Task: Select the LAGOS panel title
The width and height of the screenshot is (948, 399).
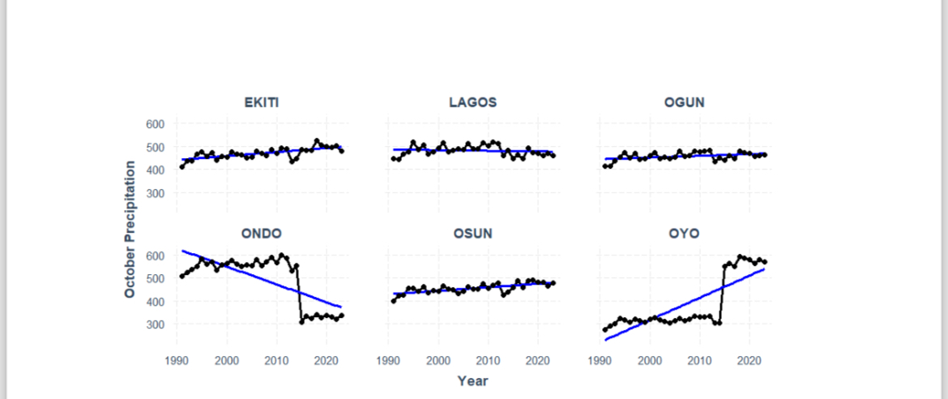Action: pos(472,102)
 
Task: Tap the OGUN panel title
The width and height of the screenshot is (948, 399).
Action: pos(685,102)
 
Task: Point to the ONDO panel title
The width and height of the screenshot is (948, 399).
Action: pos(261,234)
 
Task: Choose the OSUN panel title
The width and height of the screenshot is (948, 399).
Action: pos(472,234)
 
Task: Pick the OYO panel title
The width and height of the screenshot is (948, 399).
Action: pos(685,234)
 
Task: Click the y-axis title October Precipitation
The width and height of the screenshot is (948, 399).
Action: pos(130,229)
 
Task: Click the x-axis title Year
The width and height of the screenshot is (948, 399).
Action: pos(472,380)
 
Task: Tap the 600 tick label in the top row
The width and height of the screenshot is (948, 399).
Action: pos(155,124)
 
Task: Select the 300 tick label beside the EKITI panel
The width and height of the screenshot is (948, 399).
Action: pos(155,194)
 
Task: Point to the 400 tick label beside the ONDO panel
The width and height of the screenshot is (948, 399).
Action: pos(155,302)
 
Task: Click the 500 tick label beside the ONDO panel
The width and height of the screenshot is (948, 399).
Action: pos(155,278)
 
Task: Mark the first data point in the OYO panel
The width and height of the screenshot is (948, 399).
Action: pos(605,330)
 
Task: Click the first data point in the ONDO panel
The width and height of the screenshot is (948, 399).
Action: pos(181,277)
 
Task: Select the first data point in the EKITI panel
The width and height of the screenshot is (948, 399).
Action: pos(181,167)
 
